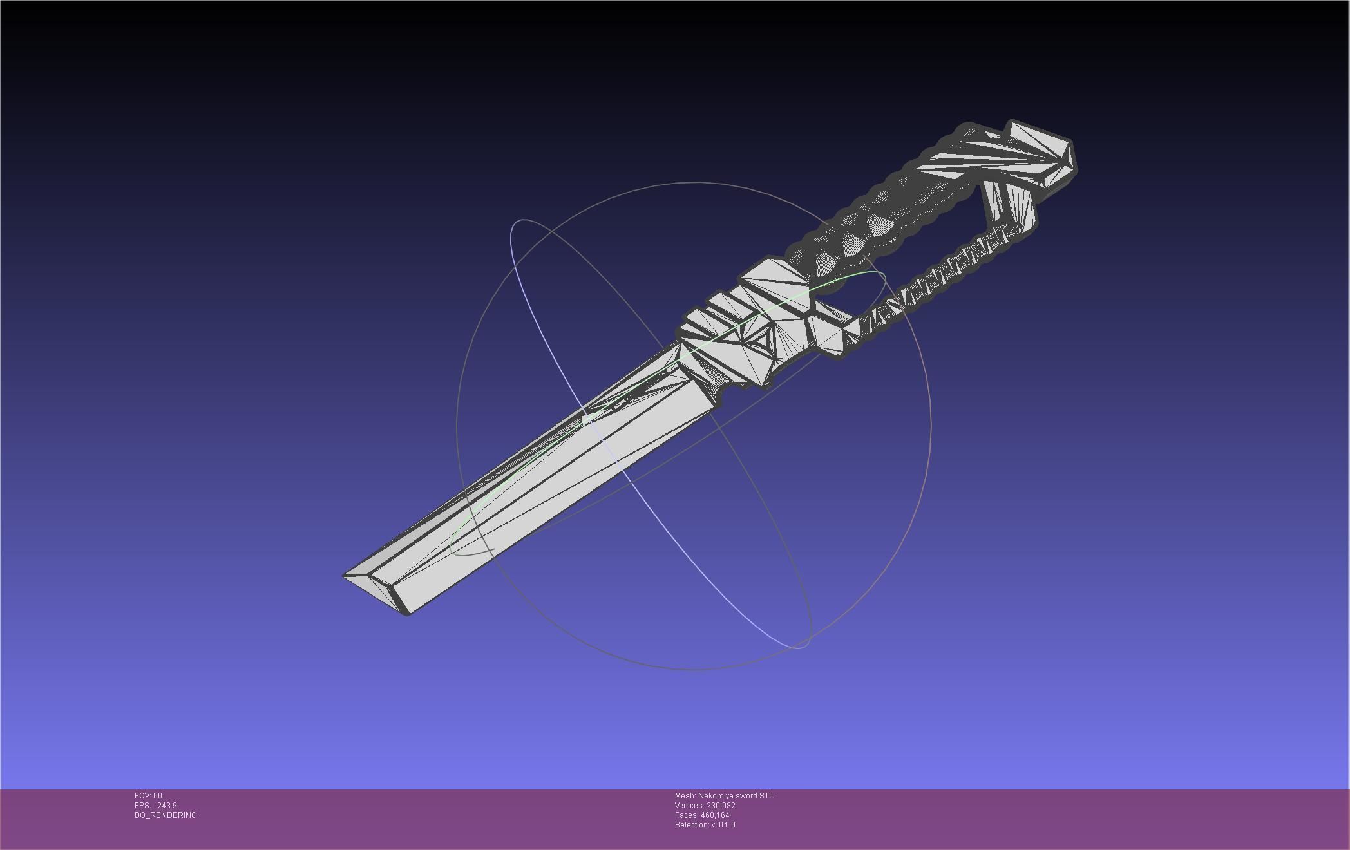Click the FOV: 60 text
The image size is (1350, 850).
148,796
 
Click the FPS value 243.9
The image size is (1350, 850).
167,806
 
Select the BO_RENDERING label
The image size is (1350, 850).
166,815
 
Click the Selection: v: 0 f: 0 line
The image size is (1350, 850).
705,825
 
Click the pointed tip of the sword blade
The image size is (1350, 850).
345,575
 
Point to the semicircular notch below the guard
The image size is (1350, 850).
730,389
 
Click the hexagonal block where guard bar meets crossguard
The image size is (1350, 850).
828,335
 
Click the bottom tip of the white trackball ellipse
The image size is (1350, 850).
799,647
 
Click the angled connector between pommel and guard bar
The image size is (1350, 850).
1008,206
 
